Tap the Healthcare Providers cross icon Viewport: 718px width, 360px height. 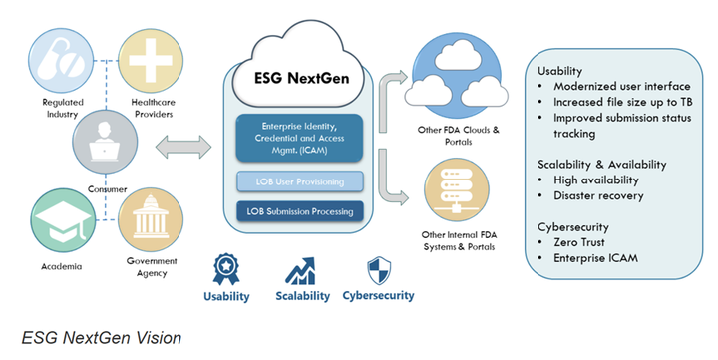coord(149,59)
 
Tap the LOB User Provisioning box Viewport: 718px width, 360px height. coord(300,181)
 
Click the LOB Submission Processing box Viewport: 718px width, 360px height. coord(300,210)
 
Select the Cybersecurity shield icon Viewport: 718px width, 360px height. coord(376,268)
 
